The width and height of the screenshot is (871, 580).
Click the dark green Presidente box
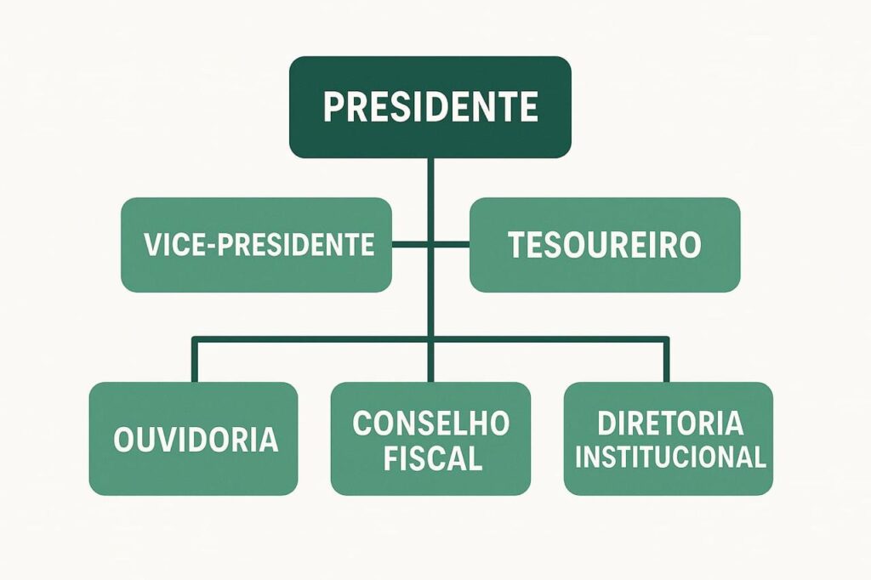pos(430,106)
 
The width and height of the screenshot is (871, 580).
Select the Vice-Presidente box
pos(256,244)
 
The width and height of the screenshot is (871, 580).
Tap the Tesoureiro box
pos(605,244)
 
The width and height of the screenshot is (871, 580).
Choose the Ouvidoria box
pos(193,438)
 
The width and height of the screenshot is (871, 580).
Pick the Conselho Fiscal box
pos(430,438)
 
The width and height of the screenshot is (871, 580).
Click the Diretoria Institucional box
pos(669,438)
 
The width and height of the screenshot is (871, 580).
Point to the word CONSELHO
pos(431,424)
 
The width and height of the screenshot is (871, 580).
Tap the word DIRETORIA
pos(670,424)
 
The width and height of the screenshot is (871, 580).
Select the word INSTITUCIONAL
pos(670,458)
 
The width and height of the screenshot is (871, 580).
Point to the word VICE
pos(174,244)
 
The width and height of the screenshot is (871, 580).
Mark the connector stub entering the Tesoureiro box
pos(452,244)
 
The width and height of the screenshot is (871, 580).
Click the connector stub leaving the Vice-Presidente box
pos(409,244)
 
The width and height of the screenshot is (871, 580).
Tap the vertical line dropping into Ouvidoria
pos(195,359)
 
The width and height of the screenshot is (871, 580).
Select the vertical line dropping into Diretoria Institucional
pos(666,359)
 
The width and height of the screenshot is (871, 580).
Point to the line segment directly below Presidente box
pos(430,200)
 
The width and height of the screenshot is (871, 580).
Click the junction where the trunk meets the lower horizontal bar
pos(430,338)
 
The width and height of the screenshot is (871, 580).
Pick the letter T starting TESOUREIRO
pos(517,244)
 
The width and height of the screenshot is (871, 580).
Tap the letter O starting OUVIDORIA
pos(123,440)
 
